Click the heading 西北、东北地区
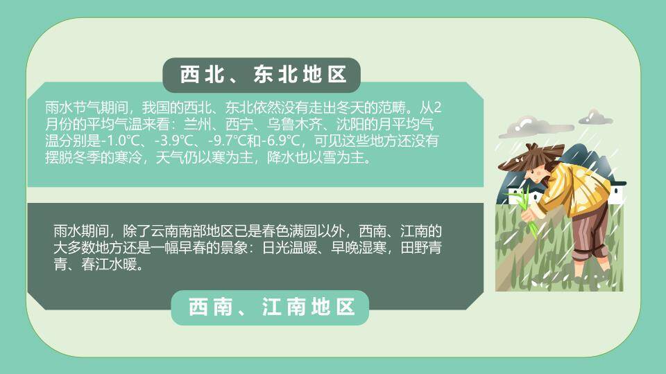click(263, 75)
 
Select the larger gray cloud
click(531, 127)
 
